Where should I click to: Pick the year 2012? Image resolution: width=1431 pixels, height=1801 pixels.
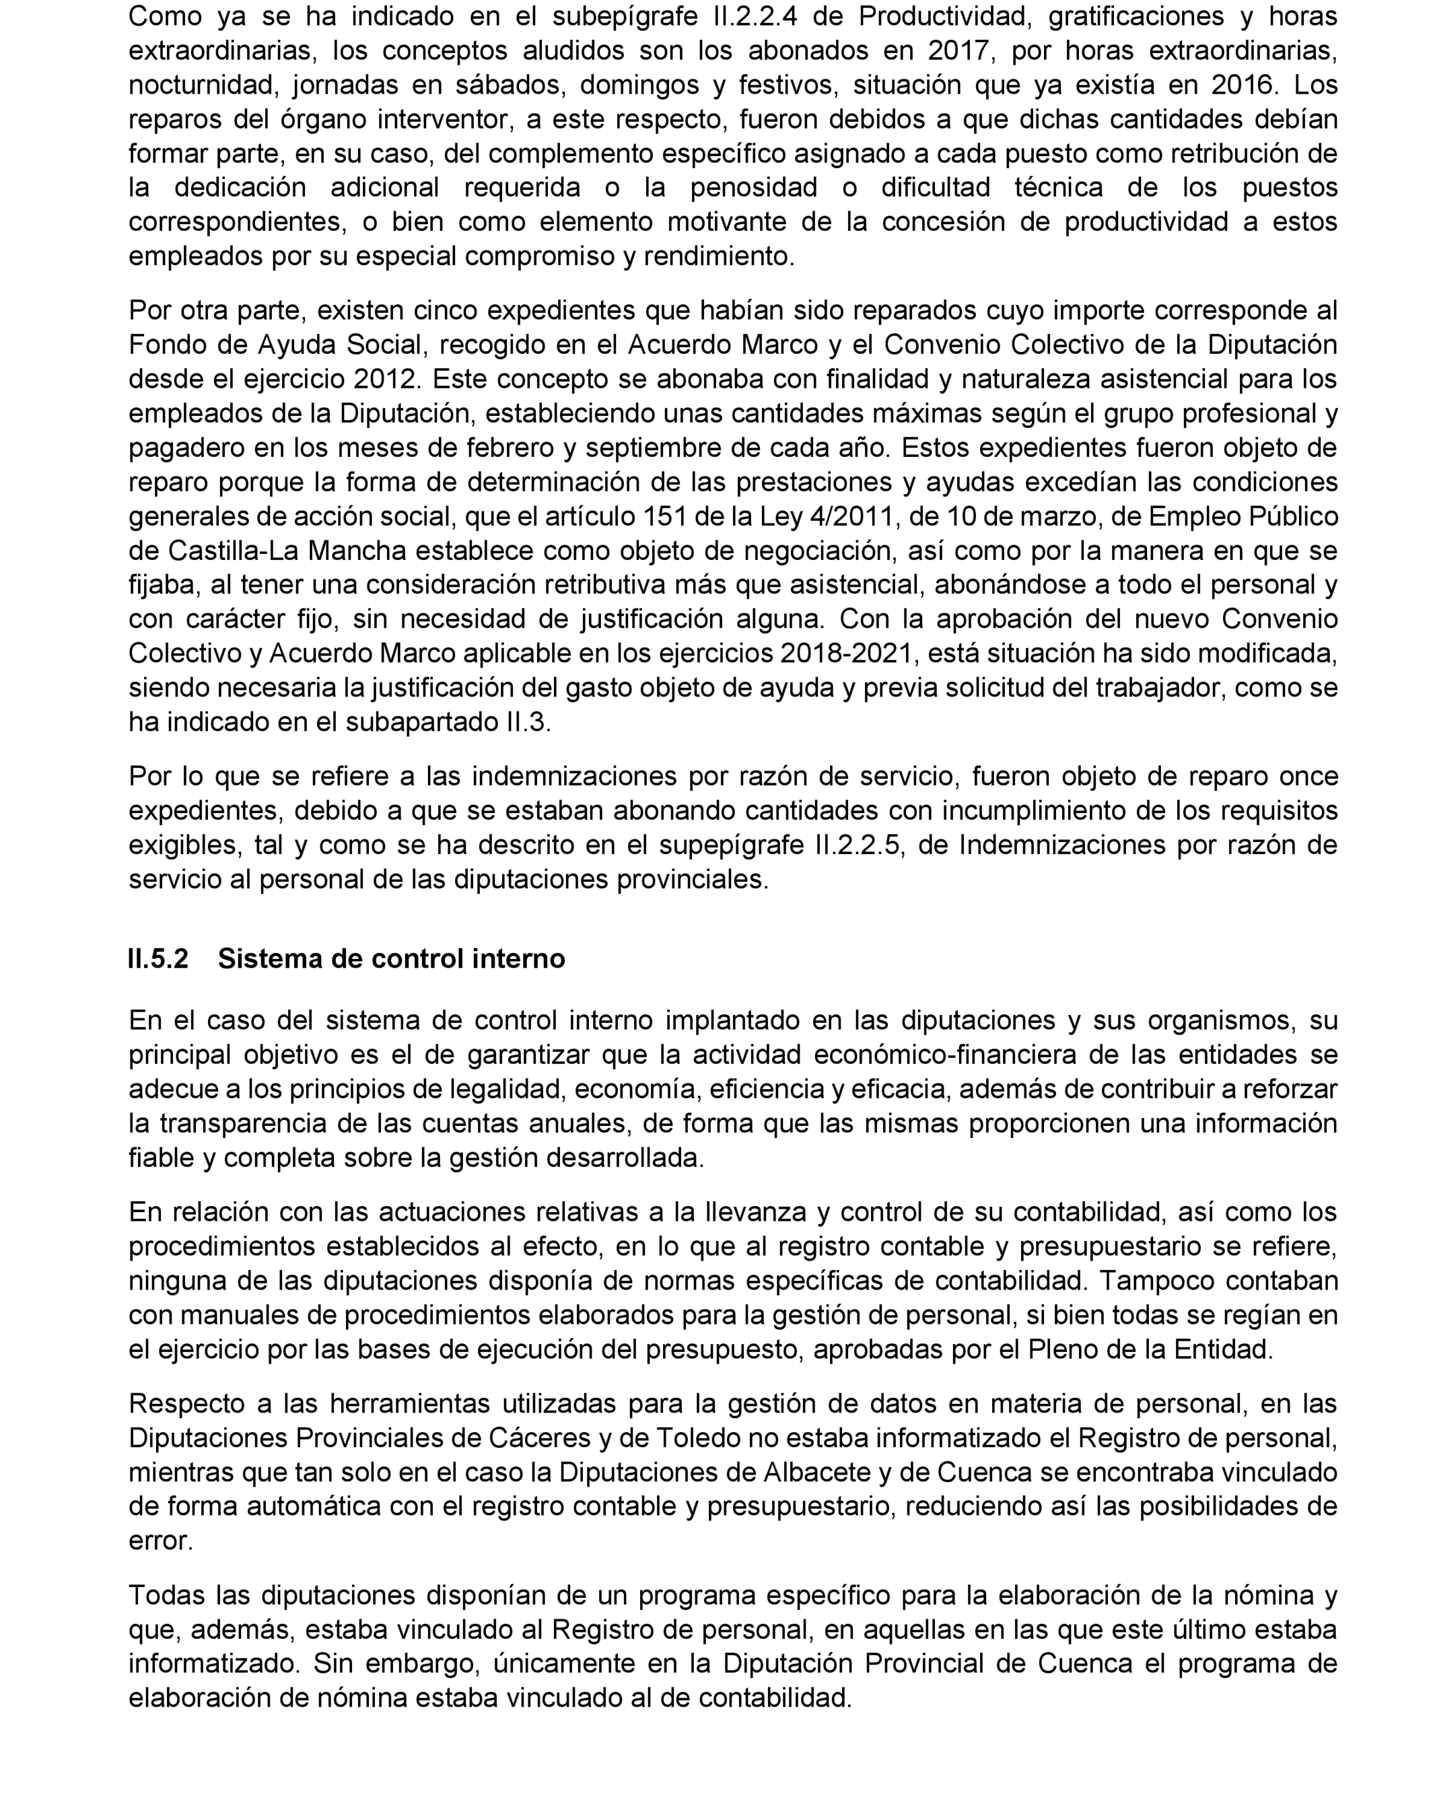pos(384,379)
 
